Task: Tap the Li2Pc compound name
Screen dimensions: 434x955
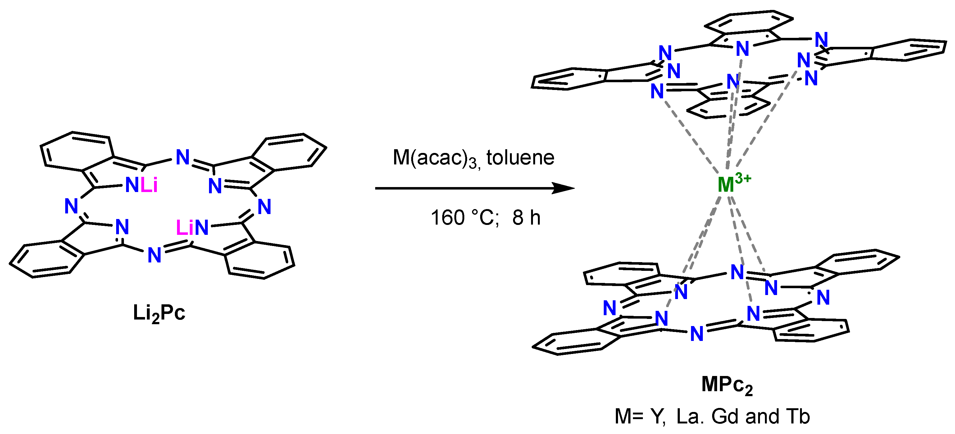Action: click(x=159, y=313)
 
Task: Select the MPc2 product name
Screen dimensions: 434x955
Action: click(x=727, y=385)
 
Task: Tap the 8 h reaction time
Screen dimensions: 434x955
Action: click(x=526, y=217)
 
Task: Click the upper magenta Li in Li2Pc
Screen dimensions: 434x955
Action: click(x=149, y=184)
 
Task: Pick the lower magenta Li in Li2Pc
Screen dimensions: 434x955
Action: click(x=184, y=227)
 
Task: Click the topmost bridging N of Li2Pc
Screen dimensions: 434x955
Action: click(x=182, y=157)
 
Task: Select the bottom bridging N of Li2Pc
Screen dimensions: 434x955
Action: click(x=154, y=255)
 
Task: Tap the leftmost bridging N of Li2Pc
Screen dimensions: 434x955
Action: click(x=71, y=206)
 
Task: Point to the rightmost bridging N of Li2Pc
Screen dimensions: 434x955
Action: click(x=264, y=207)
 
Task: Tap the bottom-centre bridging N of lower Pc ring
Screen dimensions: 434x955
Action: click(x=697, y=334)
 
